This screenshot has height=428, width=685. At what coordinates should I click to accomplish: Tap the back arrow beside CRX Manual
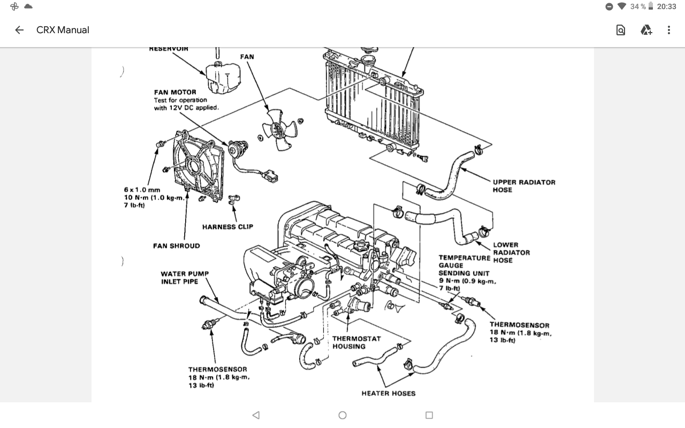click(x=19, y=30)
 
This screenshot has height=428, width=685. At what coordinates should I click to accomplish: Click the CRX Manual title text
click(x=63, y=30)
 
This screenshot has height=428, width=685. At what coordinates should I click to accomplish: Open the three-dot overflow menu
click(x=668, y=30)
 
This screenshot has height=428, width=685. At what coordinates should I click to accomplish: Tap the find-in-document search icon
click(x=621, y=30)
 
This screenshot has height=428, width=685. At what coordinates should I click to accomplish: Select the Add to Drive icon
click(x=646, y=30)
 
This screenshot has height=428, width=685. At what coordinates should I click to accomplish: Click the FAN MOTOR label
click(x=175, y=92)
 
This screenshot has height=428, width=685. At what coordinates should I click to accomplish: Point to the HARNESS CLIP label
click(x=227, y=227)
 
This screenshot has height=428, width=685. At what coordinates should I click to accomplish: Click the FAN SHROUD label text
click(x=176, y=246)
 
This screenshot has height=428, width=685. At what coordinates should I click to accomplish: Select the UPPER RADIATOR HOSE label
click(x=524, y=186)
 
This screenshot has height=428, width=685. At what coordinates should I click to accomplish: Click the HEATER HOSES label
click(x=388, y=393)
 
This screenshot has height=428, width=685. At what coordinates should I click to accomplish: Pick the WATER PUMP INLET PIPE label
click(x=185, y=278)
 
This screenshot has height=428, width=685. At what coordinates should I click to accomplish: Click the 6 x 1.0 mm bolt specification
click(x=142, y=190)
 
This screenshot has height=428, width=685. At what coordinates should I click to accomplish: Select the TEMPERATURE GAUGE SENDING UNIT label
click(x=463, y=265)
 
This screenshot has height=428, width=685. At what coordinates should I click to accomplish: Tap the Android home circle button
click(x=342, y=415)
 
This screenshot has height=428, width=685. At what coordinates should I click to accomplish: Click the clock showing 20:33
click(x=666, y=6)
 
